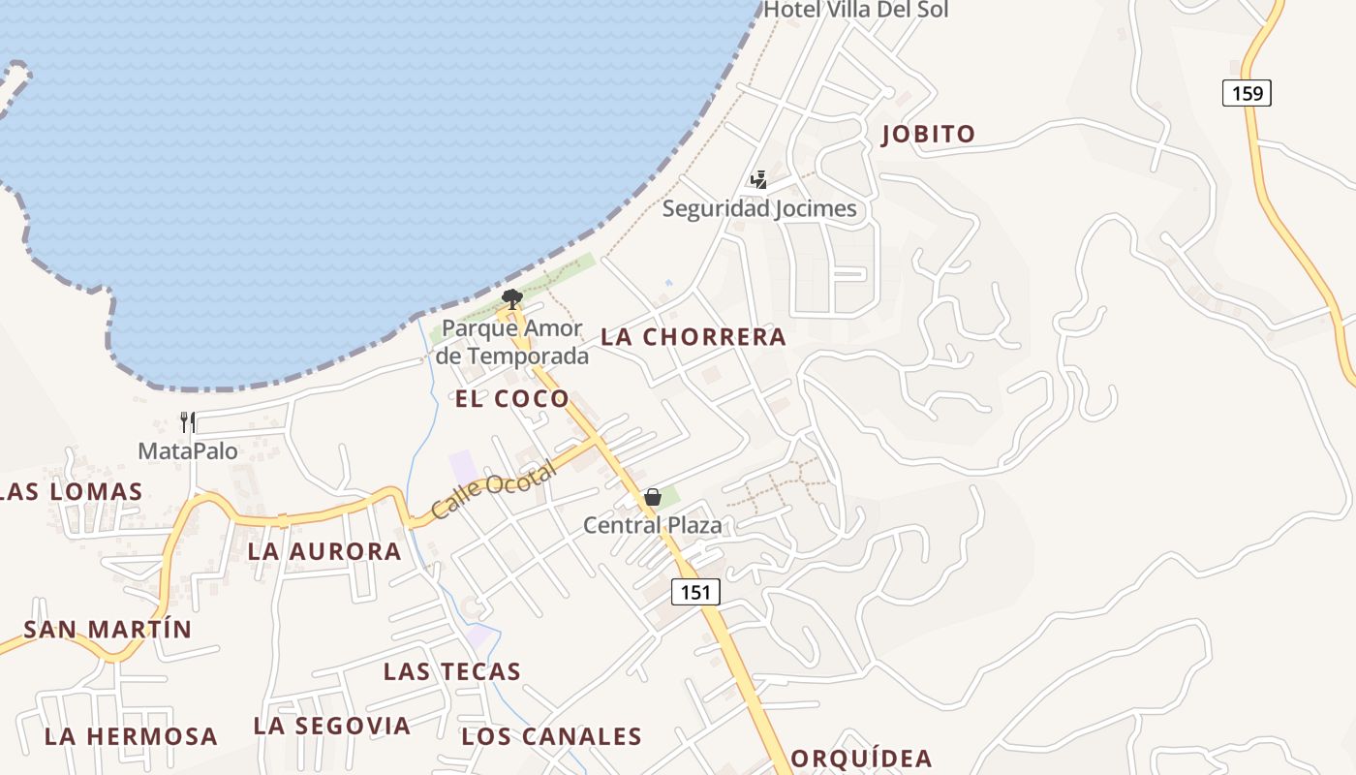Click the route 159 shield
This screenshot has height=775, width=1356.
coord(1247,93)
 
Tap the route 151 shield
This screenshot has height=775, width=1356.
coord(695,592)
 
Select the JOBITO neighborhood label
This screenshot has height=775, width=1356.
coord(928,135)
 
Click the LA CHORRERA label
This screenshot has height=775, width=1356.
coord(693,337)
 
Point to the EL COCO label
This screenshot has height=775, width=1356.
coord(512,399)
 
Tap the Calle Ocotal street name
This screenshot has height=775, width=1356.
coord(494,490)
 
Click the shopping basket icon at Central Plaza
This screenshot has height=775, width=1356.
coord(653,498)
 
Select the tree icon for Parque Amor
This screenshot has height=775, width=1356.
coord(512,298)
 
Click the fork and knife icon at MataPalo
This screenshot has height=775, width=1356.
coord(188,422)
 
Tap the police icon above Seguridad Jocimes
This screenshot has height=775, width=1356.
coord(758,180)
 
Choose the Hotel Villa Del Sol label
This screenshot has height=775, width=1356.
coord(856,11)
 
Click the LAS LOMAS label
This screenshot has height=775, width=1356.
coord(72,492)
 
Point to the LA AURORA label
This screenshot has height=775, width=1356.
coord(324,552)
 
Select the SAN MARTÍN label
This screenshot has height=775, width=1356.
coord(108,630)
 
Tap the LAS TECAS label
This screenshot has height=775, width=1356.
coord(452,671)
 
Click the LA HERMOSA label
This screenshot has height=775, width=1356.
coord(131,736)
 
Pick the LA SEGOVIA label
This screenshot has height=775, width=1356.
coord(332,726)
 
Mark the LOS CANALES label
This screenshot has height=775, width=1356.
coord(551,736)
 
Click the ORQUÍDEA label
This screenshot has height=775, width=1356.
coord(862,759)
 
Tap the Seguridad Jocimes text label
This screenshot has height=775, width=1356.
coord(759,208)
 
